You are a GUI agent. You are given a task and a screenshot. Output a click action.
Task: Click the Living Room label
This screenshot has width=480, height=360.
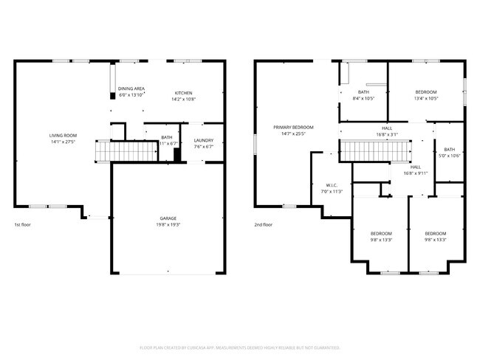coord(63,136)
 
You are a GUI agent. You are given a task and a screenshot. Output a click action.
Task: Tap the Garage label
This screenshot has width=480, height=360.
coord(168,218)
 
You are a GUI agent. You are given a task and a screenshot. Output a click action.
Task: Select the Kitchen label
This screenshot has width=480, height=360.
coord(183,93)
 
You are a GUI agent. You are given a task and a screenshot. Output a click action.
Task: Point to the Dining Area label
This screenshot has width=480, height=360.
coord(131,89)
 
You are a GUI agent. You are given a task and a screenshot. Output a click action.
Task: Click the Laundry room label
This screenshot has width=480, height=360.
coord(203,140)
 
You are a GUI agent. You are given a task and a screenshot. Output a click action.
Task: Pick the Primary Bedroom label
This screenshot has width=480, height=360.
coord(293,128)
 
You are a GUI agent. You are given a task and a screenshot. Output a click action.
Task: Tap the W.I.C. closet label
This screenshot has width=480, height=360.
coord(332,184)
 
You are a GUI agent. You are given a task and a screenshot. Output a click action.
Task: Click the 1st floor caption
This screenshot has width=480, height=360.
coord(22,224)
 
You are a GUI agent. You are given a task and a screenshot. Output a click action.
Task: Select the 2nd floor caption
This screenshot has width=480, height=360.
coord(263,224)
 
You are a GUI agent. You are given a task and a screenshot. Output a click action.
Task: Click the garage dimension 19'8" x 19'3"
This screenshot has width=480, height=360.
coord(168,224)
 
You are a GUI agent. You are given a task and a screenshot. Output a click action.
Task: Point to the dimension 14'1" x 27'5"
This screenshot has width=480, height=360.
coord(63,142)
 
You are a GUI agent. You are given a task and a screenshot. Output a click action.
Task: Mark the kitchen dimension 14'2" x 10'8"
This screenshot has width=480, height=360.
coord(183,99)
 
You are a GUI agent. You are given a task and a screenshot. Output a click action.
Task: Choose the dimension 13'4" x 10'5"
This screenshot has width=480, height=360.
coord(426,98)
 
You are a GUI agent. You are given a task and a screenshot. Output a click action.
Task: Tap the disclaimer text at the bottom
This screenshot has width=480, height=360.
coord(240,347)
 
